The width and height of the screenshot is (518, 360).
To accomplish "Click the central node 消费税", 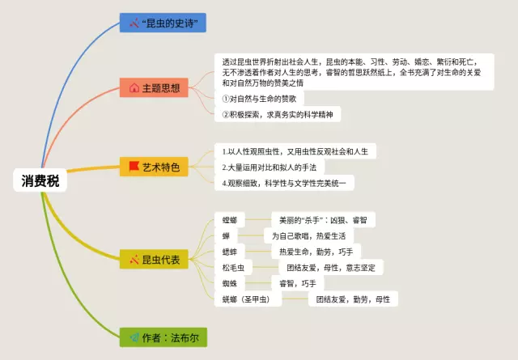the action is pos(40,180).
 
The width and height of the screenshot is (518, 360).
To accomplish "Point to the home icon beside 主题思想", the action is pos(134,87).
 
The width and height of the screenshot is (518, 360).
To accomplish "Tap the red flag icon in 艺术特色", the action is pos(134,167).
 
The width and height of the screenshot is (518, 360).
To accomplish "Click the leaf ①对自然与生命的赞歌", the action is pos(268,99).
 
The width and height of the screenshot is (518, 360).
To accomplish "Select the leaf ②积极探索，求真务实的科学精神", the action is pos(280,115).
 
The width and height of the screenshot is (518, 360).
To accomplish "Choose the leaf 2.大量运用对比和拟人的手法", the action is pos(268,167).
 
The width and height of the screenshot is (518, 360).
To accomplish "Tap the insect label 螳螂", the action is pos(230,220).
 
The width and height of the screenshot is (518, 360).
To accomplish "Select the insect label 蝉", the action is pos(227,235).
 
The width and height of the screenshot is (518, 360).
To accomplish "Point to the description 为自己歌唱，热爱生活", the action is pos(308,235).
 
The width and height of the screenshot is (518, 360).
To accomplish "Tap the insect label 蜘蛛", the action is pos(230,283).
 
